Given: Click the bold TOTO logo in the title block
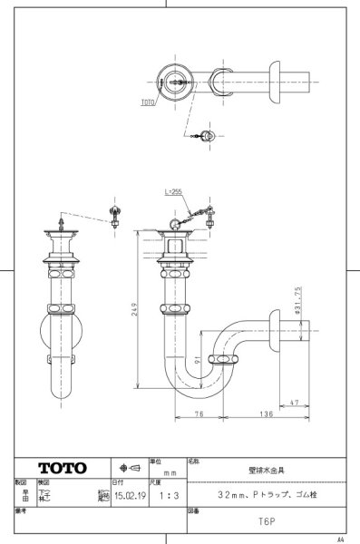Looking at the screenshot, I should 63,468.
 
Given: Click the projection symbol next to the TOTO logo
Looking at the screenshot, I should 129,468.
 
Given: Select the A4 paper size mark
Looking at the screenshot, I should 340,539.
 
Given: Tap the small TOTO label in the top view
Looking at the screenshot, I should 148,103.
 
